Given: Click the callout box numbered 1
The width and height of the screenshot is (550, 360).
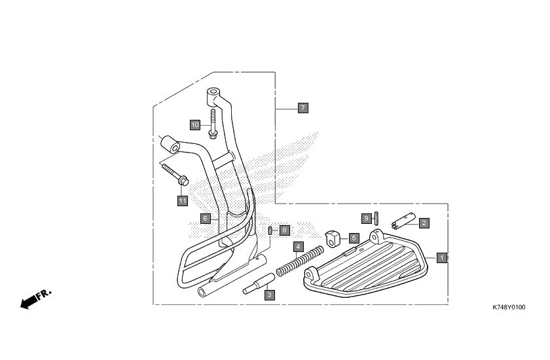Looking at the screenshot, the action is [441, 258].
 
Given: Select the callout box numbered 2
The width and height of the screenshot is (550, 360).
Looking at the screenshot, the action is [424, 223].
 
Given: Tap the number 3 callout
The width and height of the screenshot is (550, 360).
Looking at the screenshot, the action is [269, 295].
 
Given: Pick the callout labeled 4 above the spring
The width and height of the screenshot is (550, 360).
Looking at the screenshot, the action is [298, 247].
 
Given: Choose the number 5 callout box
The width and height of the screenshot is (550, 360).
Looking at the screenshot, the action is [354, 238].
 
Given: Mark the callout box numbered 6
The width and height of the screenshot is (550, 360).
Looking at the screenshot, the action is [206, 219].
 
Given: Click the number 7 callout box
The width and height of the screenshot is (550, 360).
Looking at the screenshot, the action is [303, 108].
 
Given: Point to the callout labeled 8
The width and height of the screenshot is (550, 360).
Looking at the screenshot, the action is [284, 230].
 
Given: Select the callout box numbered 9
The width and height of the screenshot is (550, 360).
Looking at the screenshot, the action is [367, 219].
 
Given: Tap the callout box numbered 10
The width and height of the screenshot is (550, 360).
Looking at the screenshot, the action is [195, 125].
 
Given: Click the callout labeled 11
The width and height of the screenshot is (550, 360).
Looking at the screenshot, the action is [183, 201].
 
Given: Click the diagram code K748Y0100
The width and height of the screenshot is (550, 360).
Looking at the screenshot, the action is [509, 308].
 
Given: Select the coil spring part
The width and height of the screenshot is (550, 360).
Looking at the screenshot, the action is [300, 261].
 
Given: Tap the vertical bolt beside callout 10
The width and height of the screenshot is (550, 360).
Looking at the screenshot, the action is [213, 124].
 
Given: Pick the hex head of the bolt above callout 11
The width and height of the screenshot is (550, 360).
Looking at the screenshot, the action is [183, 181].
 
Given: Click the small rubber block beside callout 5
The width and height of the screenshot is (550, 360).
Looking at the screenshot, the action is [333, 238].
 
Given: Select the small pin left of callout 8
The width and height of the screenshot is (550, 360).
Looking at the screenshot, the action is [270, 230].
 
